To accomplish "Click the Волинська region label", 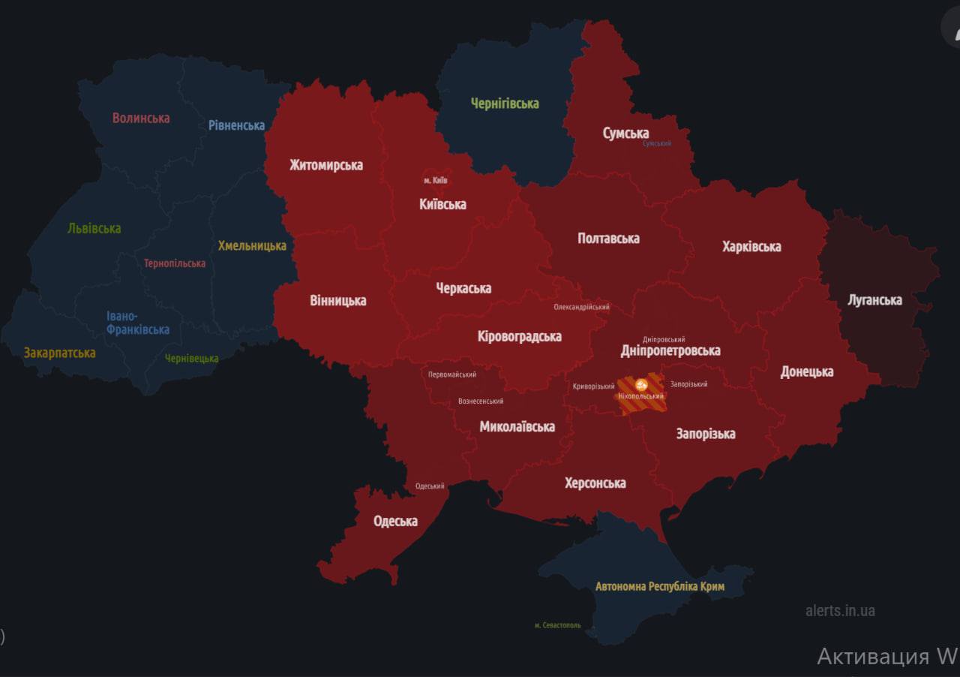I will (141, 118).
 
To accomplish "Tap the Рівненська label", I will (236, 125).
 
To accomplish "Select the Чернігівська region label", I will (505, 104).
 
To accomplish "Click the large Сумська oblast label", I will (625, 133).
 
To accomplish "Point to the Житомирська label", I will (326, 165).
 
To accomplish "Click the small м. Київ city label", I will (435, 180).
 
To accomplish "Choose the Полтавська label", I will (608, 239).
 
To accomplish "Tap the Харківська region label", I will (751, 246).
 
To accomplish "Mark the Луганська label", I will (874, 300).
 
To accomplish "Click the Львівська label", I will (94, 228).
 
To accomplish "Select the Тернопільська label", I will (175, 263).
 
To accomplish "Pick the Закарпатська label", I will (59, 352).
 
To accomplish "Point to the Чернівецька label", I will (192, 358).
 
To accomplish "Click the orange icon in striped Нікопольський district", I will (640, 384).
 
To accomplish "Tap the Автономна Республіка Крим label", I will (659, 586).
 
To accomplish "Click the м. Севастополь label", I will (557, 625).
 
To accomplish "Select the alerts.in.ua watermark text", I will (840, 610).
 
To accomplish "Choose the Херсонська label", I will (595, 483).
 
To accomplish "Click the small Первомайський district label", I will (451, 375).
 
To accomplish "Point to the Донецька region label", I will (806, 372).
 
